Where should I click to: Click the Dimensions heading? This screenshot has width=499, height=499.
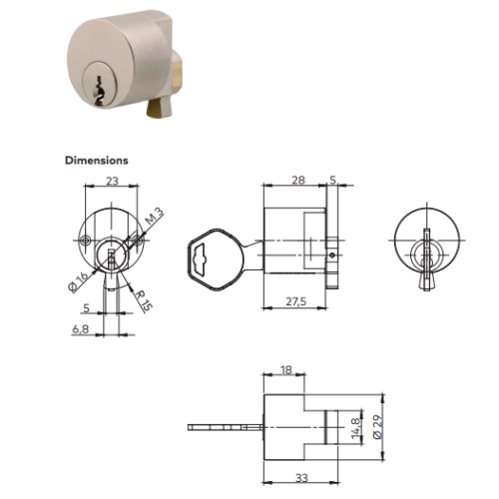(97, 161)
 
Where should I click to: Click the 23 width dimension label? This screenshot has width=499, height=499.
(112, 181)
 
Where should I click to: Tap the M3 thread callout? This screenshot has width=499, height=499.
(155, 217)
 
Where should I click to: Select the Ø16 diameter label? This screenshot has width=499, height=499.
(79, 282)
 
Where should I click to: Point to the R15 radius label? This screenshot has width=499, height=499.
(144, 301)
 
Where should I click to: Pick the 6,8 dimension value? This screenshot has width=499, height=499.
(81, 329)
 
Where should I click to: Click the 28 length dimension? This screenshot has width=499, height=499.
(298, 180)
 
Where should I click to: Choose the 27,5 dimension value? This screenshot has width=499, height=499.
(295, 301)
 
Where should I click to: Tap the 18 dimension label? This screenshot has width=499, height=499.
(285, 369)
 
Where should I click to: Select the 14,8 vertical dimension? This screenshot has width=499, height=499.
(355, 427)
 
